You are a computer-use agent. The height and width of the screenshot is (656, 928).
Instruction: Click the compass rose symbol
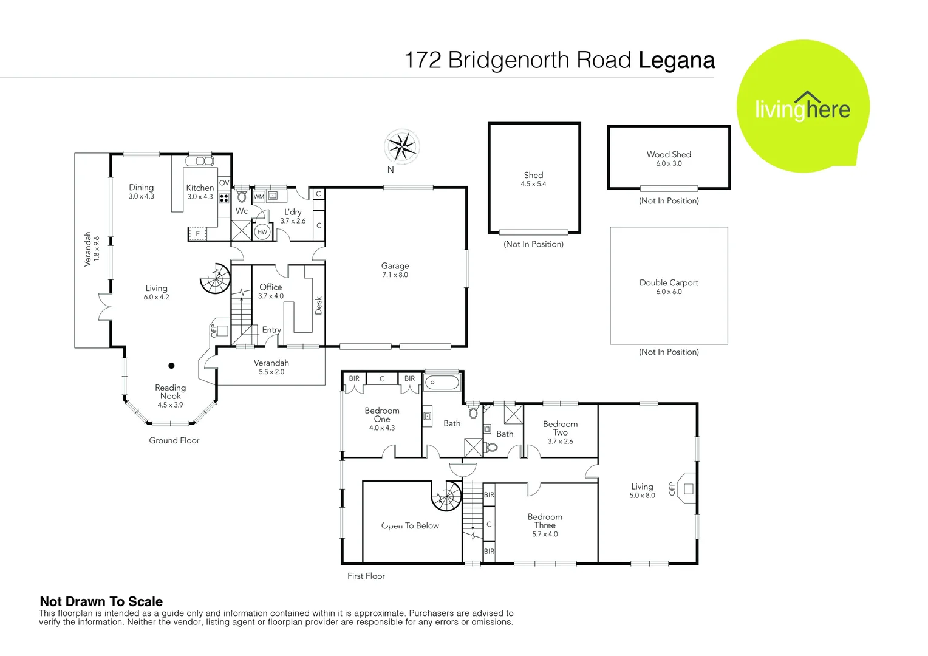click(401, 146)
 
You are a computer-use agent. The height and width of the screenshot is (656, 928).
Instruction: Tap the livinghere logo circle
click(803, 106)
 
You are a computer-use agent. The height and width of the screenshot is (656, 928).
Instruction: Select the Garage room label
click(395, 266)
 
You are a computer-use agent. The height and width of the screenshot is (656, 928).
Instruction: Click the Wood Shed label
click(669, 154)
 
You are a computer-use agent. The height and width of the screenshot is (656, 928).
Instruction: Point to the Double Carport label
click(669, 282)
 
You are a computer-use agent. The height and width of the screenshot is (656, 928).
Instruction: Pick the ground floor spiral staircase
click(216, 278)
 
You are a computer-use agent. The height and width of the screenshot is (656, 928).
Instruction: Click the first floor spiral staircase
click(446, 496)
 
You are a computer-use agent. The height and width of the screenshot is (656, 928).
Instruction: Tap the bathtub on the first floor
click(442, 382)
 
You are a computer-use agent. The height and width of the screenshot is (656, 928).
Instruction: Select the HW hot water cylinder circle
click(262, 232)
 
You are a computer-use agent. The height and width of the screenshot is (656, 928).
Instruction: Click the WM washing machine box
click(259, 196)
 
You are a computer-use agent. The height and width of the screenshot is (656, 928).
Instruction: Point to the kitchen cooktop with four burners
click(224, 197)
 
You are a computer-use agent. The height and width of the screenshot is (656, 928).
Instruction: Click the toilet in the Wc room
click(242, 196)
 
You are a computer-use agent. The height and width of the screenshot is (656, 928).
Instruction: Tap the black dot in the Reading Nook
click(171, 366)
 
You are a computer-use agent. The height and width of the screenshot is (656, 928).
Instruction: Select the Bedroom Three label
click(545, 521)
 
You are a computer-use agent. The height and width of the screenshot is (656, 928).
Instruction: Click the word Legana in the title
click(677, 61)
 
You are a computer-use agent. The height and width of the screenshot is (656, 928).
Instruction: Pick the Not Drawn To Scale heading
click(101, 601)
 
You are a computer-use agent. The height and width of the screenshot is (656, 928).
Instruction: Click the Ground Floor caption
click(174, 440)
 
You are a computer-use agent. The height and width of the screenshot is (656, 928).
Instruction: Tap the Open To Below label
click(410, 525)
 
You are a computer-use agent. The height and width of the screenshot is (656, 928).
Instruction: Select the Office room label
click(270, 287)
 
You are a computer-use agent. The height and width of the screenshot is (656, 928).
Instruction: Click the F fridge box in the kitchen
click(197, 233)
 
